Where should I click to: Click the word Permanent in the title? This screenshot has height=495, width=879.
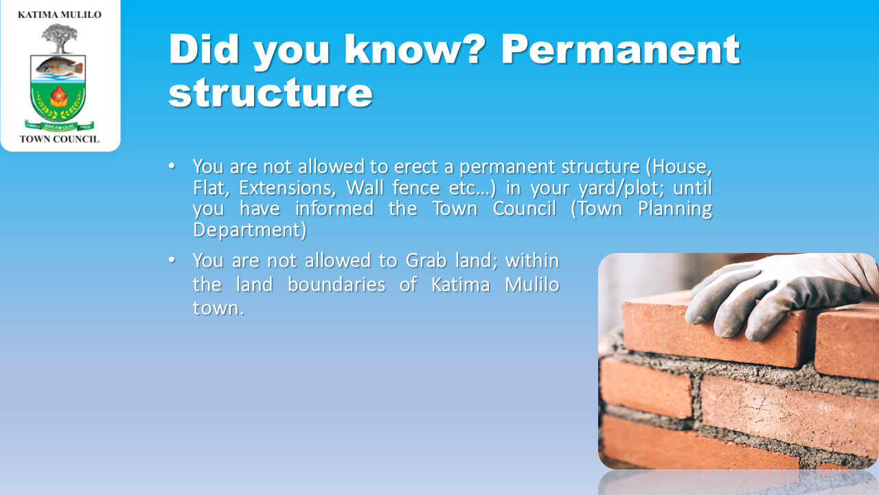point(621,49)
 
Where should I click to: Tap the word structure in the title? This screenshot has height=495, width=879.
point(271,93)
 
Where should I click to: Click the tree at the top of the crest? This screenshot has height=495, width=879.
point(60,38)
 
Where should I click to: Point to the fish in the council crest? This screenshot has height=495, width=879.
point(59,67)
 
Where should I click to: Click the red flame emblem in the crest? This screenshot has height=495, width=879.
point(59,97)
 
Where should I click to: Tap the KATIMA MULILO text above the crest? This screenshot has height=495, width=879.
point(60,15)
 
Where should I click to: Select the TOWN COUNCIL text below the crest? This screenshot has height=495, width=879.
point(60,139)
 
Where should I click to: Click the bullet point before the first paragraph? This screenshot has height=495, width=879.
point(172,166)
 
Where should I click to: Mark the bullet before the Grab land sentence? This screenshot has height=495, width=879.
point(172,260)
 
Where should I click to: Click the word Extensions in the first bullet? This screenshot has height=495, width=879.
point(288,188)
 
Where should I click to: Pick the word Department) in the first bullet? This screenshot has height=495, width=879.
point(249,230)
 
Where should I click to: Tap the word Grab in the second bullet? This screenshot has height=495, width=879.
point(426,261)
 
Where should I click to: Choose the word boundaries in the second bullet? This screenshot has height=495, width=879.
point(336,285)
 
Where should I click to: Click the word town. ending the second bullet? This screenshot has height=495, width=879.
point(218,308)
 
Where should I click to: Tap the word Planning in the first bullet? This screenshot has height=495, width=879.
point(675,209)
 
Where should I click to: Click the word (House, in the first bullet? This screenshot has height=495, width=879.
point(679,167)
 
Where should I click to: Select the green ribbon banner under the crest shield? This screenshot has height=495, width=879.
point(59,126)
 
